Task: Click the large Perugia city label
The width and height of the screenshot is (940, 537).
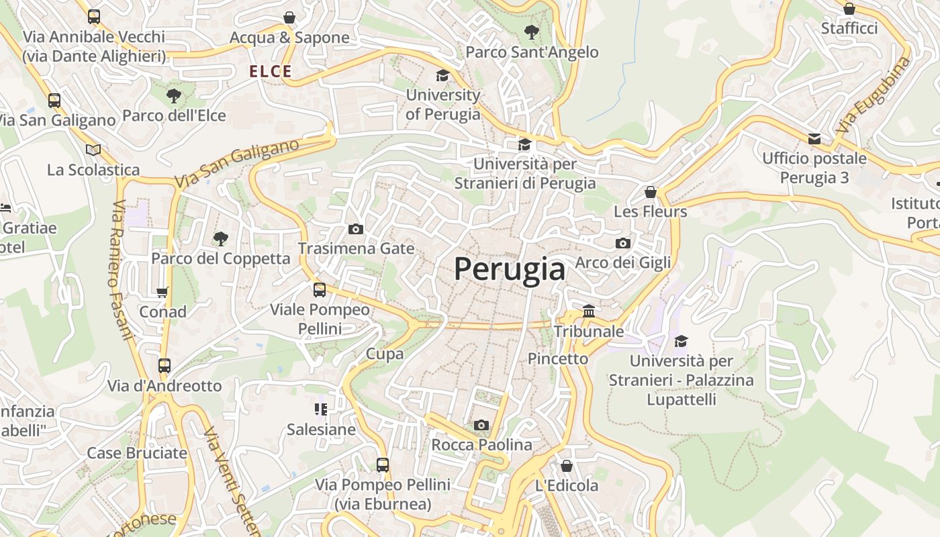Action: click(x=510, y=269)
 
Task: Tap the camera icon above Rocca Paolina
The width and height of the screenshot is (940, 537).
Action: click(x=481, y=425)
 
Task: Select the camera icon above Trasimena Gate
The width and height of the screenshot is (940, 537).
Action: click(x=356, y=229)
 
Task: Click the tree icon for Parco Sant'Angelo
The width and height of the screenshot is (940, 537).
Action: click(x=531, y=32)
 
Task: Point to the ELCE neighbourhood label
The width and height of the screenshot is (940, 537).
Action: click(x=271, y=71)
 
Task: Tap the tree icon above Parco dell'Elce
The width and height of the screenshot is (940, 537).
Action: click(x=174, y=96)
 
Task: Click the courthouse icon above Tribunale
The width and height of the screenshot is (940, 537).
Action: click(x=589, y=311)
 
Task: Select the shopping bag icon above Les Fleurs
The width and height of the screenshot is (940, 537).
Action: click(x=650, y=192)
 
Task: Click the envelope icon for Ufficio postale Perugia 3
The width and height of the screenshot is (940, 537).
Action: click(x=814, y=139)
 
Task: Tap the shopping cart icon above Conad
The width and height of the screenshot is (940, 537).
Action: click(x=162, y=292)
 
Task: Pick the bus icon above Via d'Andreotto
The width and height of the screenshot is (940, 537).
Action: click(x=164, y=366)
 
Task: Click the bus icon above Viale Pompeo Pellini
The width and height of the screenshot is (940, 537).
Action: click(x=320, y=290)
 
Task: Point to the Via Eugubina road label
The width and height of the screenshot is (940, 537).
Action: click(x=875, y=95)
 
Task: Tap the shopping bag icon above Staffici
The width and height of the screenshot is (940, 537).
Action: click(x=849, y=9)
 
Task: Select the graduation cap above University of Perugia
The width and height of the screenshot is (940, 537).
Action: click(x=442, y=75)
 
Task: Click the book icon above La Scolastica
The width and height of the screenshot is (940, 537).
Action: click(x=93, y=150)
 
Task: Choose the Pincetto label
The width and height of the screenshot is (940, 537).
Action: click(x=558, y=358)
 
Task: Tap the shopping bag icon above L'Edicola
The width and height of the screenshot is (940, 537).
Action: click(x=567, y=465)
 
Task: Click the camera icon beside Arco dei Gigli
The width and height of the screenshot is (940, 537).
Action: click(x=622, y=243)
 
